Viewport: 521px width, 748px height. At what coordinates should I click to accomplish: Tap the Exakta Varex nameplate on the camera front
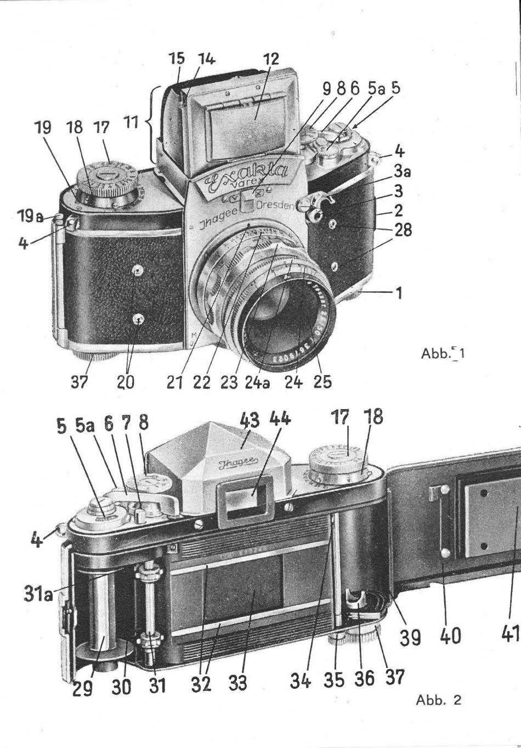tap(247, 177)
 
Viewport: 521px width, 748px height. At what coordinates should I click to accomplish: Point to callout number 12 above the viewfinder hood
tap(271, 59)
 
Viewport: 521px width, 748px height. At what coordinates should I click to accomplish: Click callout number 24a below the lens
tap(257, 381)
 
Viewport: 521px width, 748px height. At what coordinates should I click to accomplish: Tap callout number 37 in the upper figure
tap(80, 381)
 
